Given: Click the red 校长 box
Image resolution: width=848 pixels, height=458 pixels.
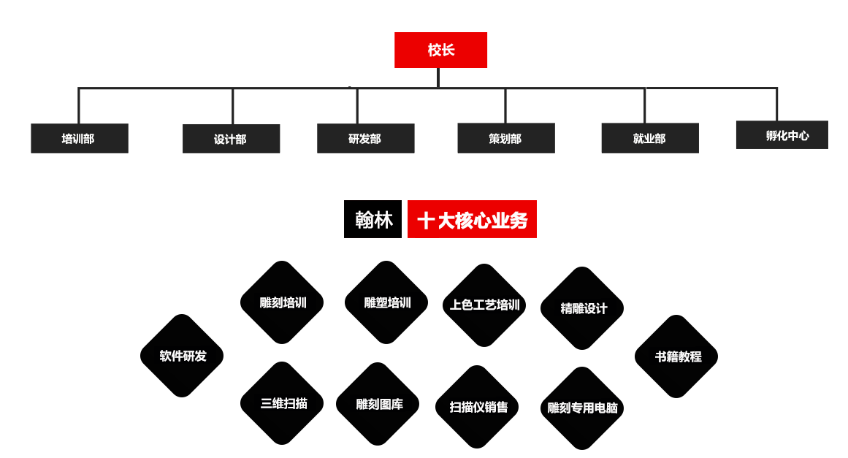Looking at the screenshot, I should pyautogui.click(x=440, y=50).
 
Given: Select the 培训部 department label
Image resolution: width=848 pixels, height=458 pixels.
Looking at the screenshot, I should pyautogui.click(x=77, y=139).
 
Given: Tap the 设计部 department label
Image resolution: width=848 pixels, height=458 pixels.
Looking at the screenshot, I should pyautogui.click(x=229, y=140).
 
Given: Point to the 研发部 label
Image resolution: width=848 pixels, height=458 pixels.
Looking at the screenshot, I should pyautogui.click(x=364, y=139).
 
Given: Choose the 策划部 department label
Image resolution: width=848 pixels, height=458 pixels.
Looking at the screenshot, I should pyautogui.click(x=505, y=139).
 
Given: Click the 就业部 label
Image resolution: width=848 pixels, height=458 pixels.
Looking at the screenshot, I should pyautogui.click(x=649, y=139).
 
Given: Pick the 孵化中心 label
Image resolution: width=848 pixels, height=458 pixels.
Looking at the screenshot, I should pyautogui.click(x=787, y=136).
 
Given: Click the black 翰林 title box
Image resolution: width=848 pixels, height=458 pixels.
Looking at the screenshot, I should pyautogui.click(x=373, y=220).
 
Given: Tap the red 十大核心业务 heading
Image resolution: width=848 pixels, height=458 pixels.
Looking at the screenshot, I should pyautogui.click(x=472, y=220).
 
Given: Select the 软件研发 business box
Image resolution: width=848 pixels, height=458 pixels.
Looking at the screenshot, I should pyautogui.click(x=183, y=356).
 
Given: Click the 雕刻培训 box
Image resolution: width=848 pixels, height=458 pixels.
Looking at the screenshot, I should pyautogui.click(x=283, y=303).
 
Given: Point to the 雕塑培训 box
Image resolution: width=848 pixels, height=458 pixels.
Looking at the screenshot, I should pyautogui.click(x=387, y=303).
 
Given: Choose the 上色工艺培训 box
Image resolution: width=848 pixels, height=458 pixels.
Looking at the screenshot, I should pyautogui.click(x=485, y=305).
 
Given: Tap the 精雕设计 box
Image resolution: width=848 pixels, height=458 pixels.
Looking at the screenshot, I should pyautogui.click(x=583, y=308).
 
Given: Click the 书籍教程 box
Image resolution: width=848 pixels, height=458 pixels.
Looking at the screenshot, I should pyautogui.click(x=677, y=356).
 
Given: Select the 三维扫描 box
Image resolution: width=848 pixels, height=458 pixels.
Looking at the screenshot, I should pyautogui.click(x=283, y=403).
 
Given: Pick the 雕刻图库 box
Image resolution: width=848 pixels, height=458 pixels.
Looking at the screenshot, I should pyautogui.click(x=378, y=404).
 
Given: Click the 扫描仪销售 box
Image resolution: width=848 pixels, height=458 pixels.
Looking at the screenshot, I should pyautogui.click(x=478, y=407).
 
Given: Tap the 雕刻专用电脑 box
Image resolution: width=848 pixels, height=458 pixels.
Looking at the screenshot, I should pyautogui.click(x=583, y=408).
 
